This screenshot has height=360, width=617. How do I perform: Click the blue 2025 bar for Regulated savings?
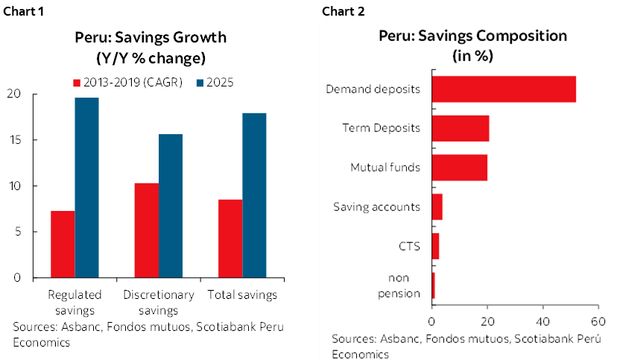[x=86, y=187]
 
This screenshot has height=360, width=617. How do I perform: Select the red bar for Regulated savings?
[x=63, y=244]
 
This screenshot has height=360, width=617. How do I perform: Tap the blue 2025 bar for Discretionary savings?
[x=171, y=206]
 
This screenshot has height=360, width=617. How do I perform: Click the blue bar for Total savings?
[x=254, y=195]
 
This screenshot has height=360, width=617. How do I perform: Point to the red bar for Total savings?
[x=230, y=239]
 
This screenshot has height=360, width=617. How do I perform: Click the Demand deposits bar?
[x=504, y=89]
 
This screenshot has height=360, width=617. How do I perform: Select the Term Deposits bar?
[x=461, y=128]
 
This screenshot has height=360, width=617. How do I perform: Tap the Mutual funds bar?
[x=460, y=168]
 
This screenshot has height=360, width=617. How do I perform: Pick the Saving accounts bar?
[x=437, y=207]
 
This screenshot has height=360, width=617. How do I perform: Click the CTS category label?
[x=410, y=246]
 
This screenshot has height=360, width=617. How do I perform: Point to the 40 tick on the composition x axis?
[x=542, y=322]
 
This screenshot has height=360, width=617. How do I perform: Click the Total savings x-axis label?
[x=241, y=295]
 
